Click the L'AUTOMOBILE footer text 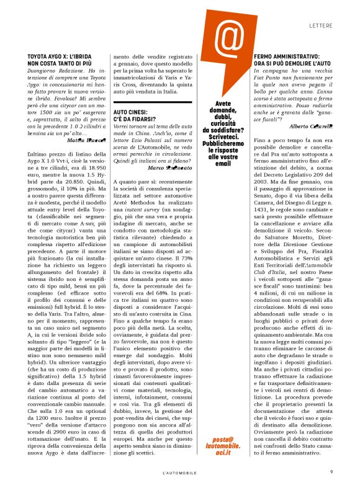179,472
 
